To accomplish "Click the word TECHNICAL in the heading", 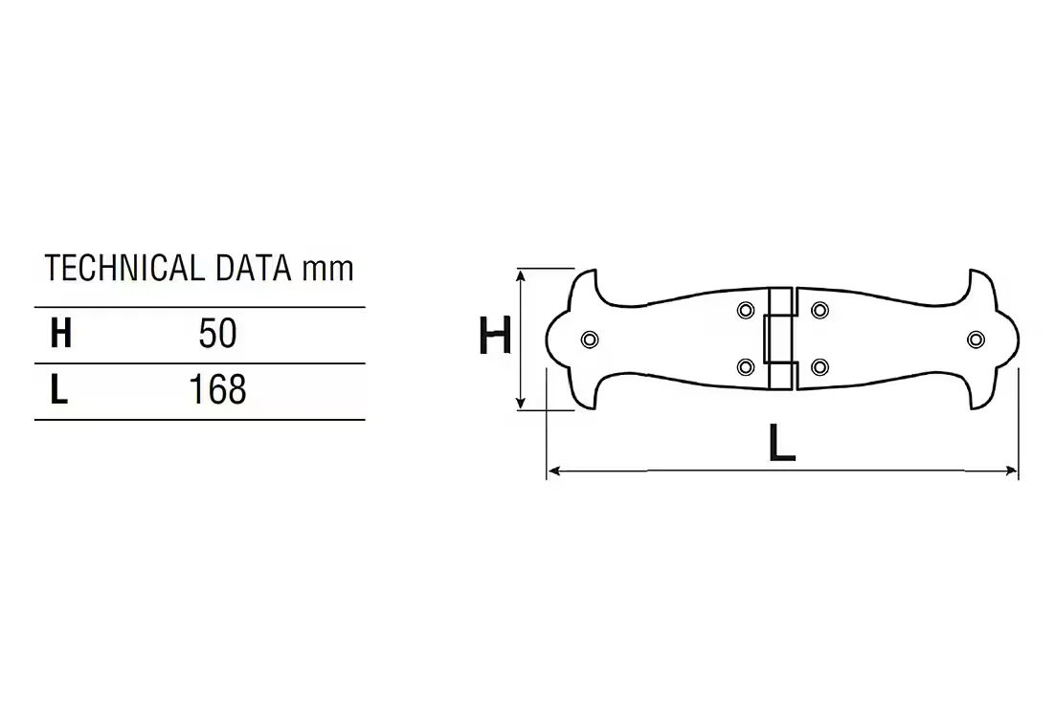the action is [x=124, y=268].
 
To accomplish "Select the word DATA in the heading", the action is [x=254, y=268].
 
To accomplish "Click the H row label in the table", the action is [x=60, y=334].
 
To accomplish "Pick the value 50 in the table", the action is [x=217, y=334].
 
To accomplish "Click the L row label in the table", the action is [x=59, y=390].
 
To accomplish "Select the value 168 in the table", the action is [x=217, y=390].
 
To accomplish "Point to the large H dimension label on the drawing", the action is [x=495, y=336].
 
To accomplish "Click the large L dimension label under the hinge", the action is [x=782, y=443].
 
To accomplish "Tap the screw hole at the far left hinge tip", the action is [x=590, y=340].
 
